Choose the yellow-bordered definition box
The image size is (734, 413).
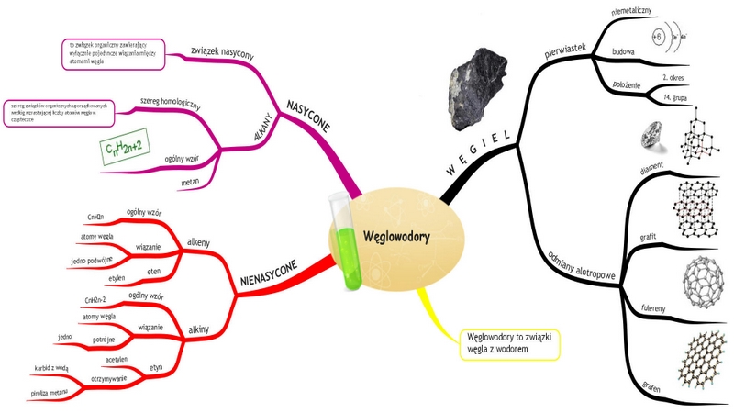[509, 342]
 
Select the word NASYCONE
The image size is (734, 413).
[308, 117]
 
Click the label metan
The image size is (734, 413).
[191, 183]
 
